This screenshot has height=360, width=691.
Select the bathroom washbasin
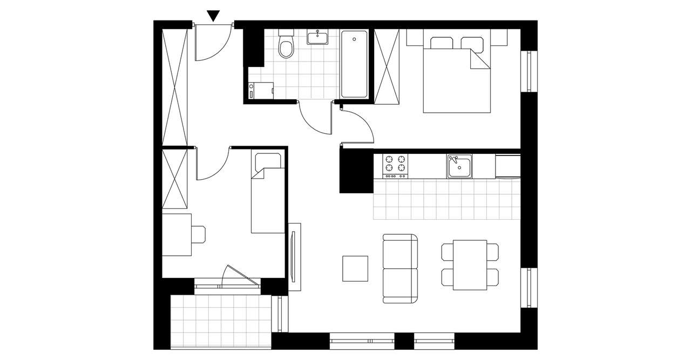tap(317, 37)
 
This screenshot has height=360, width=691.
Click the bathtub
tap(354, 64)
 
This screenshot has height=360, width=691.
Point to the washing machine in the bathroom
tap(261, 90)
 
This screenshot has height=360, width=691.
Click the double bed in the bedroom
tap(457, 78)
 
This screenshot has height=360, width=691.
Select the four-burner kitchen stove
tap(395, 165)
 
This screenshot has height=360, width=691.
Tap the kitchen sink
tap(459, 166)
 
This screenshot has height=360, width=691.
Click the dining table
tap(470, 264)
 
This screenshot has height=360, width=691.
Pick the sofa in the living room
tap(400, 268)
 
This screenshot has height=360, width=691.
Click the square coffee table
tap(355, 268)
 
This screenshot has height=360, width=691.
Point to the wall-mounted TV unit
tap(294, 256)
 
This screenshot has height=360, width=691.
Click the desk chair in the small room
tap(199, 234)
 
